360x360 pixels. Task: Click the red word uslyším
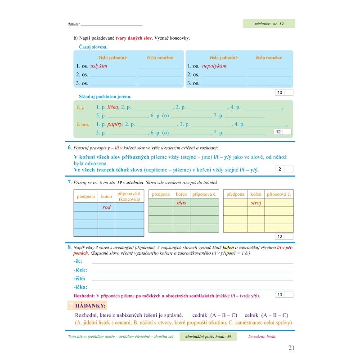click(x=99, y=66)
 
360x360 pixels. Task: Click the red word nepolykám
click(x=214, y=66)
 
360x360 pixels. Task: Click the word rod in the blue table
click(x=106, y=207)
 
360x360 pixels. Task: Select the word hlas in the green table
click(x=181, y=202)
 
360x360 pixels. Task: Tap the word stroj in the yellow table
click(x=256, y=202)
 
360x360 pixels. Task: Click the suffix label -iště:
click(x=81, y=279)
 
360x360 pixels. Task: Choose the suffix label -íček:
click(x=81, y=270)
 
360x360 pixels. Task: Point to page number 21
click(x=291, y=347)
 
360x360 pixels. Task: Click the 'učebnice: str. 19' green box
click(x=269, y=24)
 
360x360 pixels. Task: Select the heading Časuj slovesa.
click(x=93, y=47)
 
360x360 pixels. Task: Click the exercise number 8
click(x=69, y=247)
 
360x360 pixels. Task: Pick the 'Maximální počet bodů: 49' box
click(x=207, y=337)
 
